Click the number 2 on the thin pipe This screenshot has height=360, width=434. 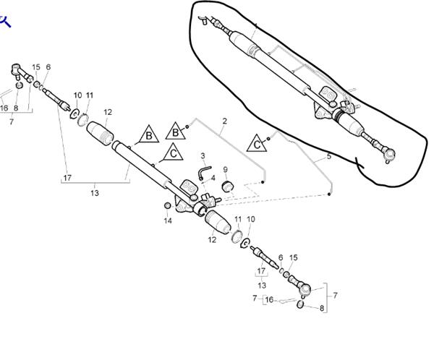225,121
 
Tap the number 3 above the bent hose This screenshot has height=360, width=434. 203,155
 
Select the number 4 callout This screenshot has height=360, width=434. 213,177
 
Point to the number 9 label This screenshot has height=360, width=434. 225,170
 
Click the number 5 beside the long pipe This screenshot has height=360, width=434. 328,155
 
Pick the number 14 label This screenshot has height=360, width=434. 168,221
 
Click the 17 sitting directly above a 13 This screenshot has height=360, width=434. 262,272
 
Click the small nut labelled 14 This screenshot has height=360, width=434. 168,207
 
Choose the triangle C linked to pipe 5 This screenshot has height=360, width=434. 258,144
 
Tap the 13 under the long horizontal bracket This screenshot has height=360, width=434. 95,193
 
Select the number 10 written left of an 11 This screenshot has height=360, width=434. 77,95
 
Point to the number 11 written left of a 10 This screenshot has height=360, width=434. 238,219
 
